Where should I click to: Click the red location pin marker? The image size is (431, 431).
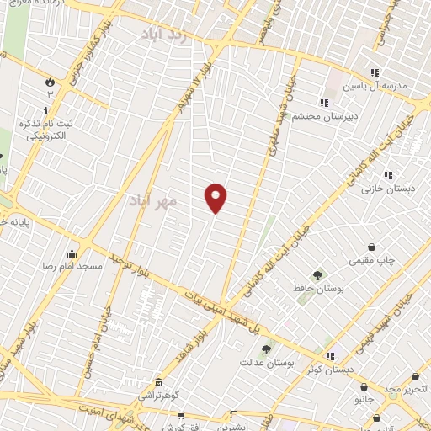coord(216,197)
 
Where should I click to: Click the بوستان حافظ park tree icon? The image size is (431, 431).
coord(317,274)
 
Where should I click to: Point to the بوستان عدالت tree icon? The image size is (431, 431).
coord(266,349)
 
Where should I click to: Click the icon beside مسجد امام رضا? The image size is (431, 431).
coord(72,253)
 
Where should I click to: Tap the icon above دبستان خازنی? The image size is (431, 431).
coord(388,175)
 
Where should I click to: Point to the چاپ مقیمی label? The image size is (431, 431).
coord(372,261)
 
